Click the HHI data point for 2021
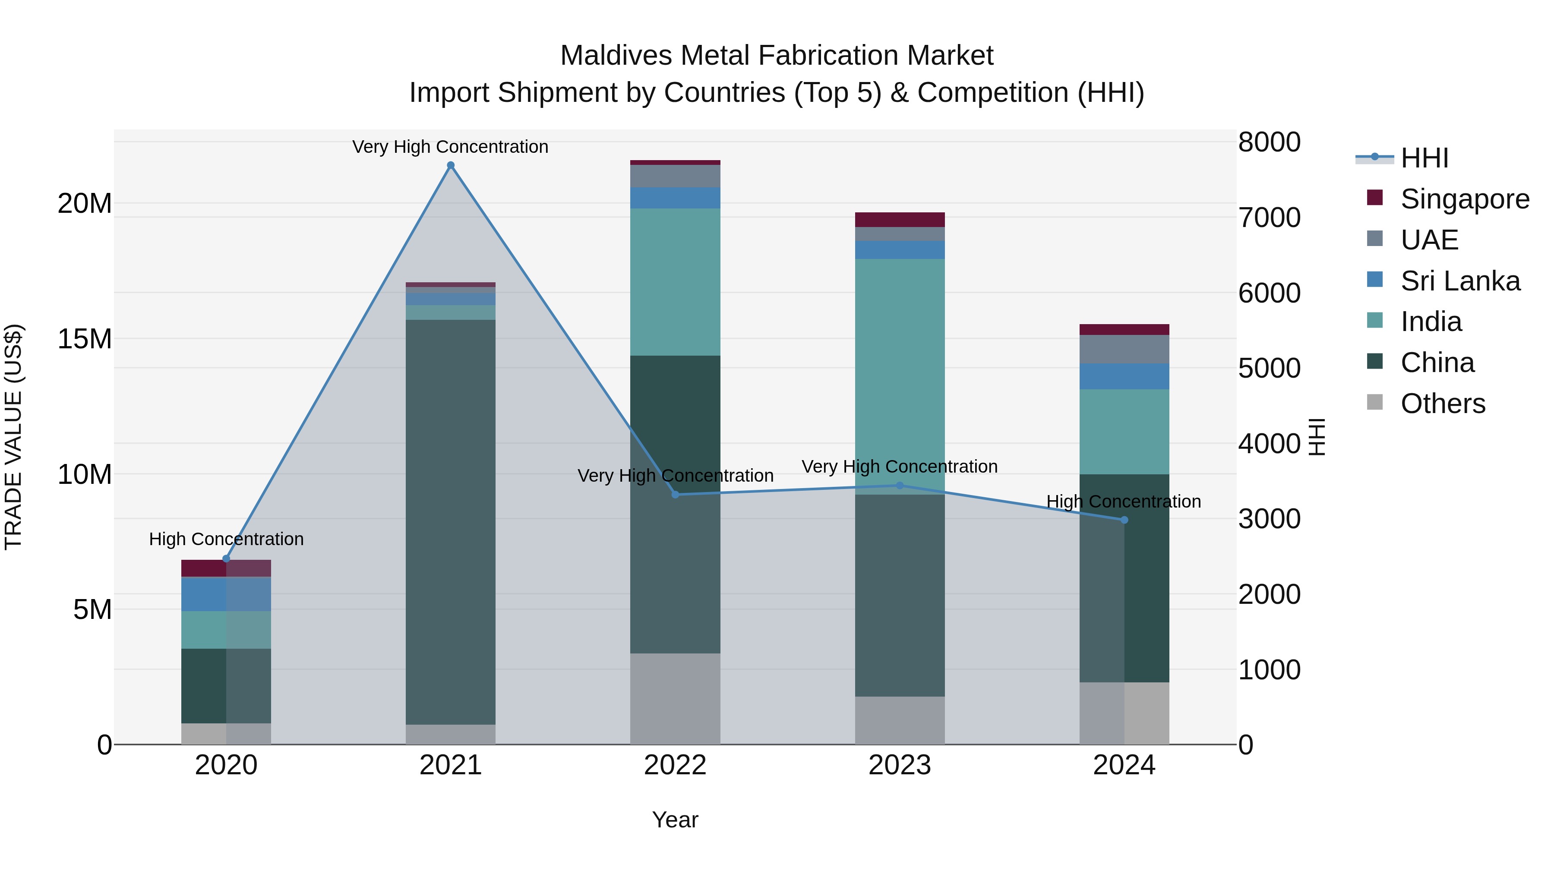(x=451, y=165)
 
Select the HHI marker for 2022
(x=675, y=495)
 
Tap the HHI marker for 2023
(x=900, y=486)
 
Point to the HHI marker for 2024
(x=1124, y=520)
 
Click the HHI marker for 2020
(x=226, y=558)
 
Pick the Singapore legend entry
(x=1465, y=199)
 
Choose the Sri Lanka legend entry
(x=1460, y=281)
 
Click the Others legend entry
(x=1442, y=404)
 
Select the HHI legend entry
(x=1424, y=158)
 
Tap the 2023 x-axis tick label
(x=900, y=765)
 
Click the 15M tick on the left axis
(x=85, y=339)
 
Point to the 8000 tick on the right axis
(x=1269, y=142)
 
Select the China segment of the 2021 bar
(x=451, y=519)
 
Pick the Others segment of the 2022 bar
(x=675, y=698)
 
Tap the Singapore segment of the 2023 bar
(x=900, y=220)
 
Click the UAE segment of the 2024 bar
(x=1124, y=349)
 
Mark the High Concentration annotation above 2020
(x=226, y=539)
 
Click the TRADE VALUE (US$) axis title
(x=13, y=437)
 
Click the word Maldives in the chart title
(x=615, y=56)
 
